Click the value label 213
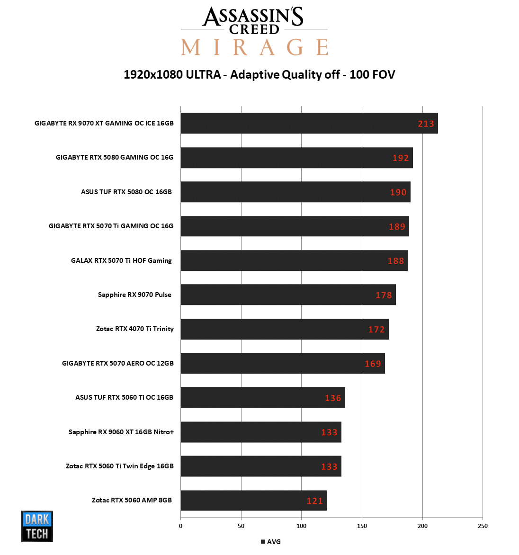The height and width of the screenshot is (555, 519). click(x=426, y=124)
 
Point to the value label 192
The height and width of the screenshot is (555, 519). click(x=401, y=158)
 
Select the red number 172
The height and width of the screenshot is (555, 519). click(x=376, y=330)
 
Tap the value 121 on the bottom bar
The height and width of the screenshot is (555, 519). click(x=315, y=501)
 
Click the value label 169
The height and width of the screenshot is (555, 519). click(x=373, y=364)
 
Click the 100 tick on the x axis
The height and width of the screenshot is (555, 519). click(x=301, y=526)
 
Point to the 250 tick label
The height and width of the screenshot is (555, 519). click(x=483, y=526)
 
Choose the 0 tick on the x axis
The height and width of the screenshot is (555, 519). click(x=180, y=526)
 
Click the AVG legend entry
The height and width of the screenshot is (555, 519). click(x=271, y=542)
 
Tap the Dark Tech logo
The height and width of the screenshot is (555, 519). click(x=37, y=526)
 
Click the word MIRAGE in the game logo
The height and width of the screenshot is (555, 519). click(x=254, y=47)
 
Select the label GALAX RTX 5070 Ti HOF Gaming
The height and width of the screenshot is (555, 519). click(x=121, y=260)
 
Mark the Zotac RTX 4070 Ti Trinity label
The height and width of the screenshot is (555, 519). click(x=134, y=329)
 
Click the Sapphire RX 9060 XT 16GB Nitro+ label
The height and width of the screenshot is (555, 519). click(x=121, y=432)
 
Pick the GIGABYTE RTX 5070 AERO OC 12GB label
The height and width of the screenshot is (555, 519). click(x=117, y=363)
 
